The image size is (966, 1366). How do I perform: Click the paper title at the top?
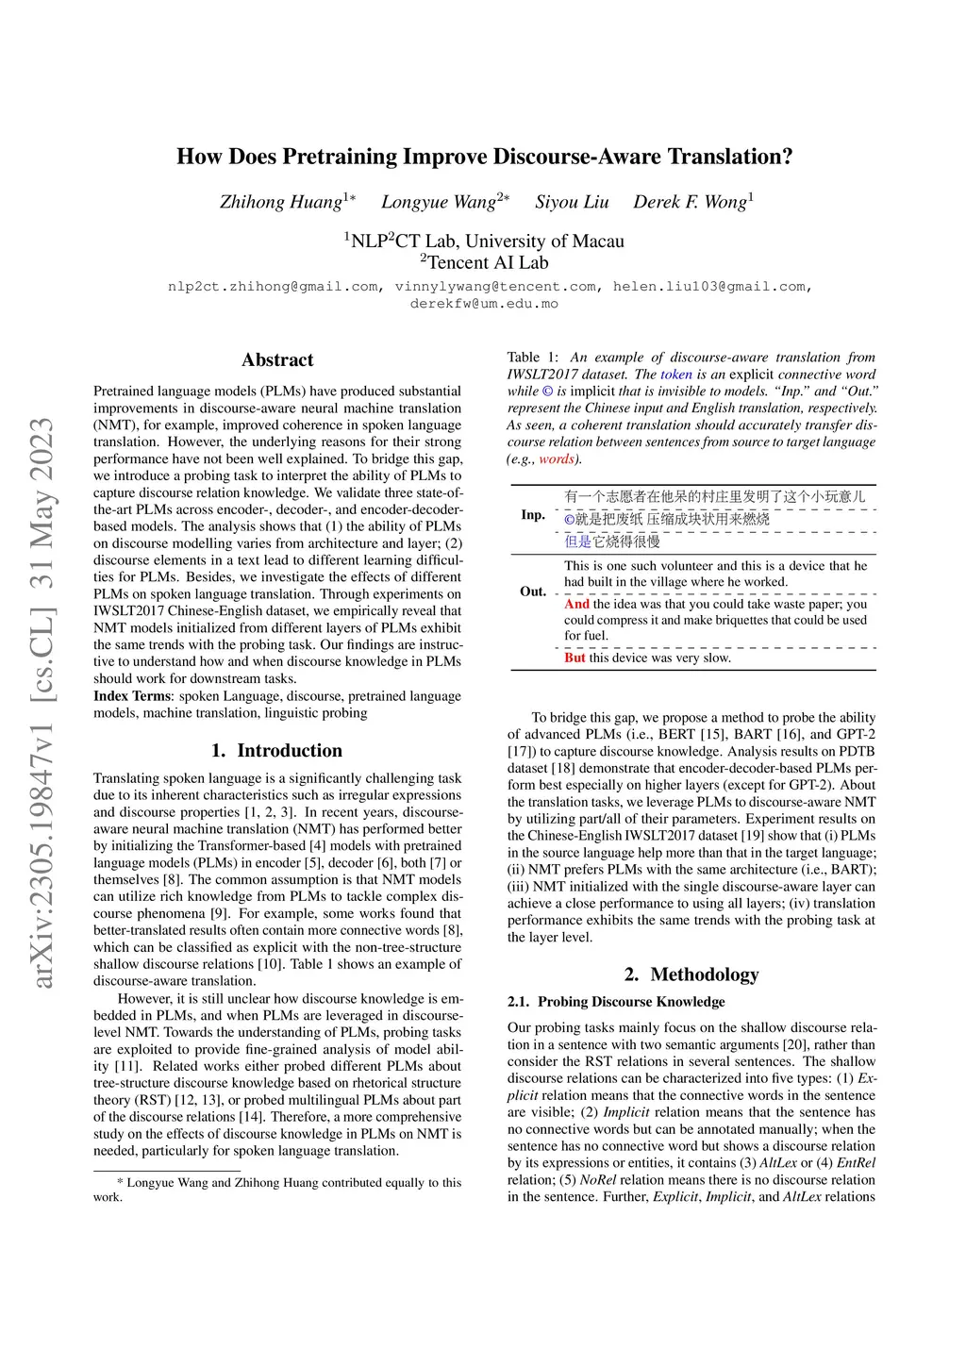484,157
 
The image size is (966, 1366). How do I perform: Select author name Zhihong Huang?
281,202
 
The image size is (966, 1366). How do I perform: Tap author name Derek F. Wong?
690,202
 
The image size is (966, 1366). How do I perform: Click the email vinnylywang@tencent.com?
495,286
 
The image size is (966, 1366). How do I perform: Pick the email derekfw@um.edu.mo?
484,304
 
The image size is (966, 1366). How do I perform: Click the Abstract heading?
277,359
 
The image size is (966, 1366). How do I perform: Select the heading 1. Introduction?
276,751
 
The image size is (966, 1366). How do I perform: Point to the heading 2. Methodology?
691,975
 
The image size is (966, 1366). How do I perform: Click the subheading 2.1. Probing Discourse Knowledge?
616,1002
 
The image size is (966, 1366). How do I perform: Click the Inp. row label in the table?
533,515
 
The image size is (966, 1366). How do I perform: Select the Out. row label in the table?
533,591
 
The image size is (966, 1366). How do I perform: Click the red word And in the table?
576,604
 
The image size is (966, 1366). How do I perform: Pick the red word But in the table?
575,658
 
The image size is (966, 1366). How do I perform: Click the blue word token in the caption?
675,375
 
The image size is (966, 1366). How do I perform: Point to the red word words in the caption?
556,459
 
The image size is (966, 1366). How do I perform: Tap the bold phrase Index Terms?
132,696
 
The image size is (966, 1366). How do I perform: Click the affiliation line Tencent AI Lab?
484,262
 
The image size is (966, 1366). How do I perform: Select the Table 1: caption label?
533,358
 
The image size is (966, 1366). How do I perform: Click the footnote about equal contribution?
277,1190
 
